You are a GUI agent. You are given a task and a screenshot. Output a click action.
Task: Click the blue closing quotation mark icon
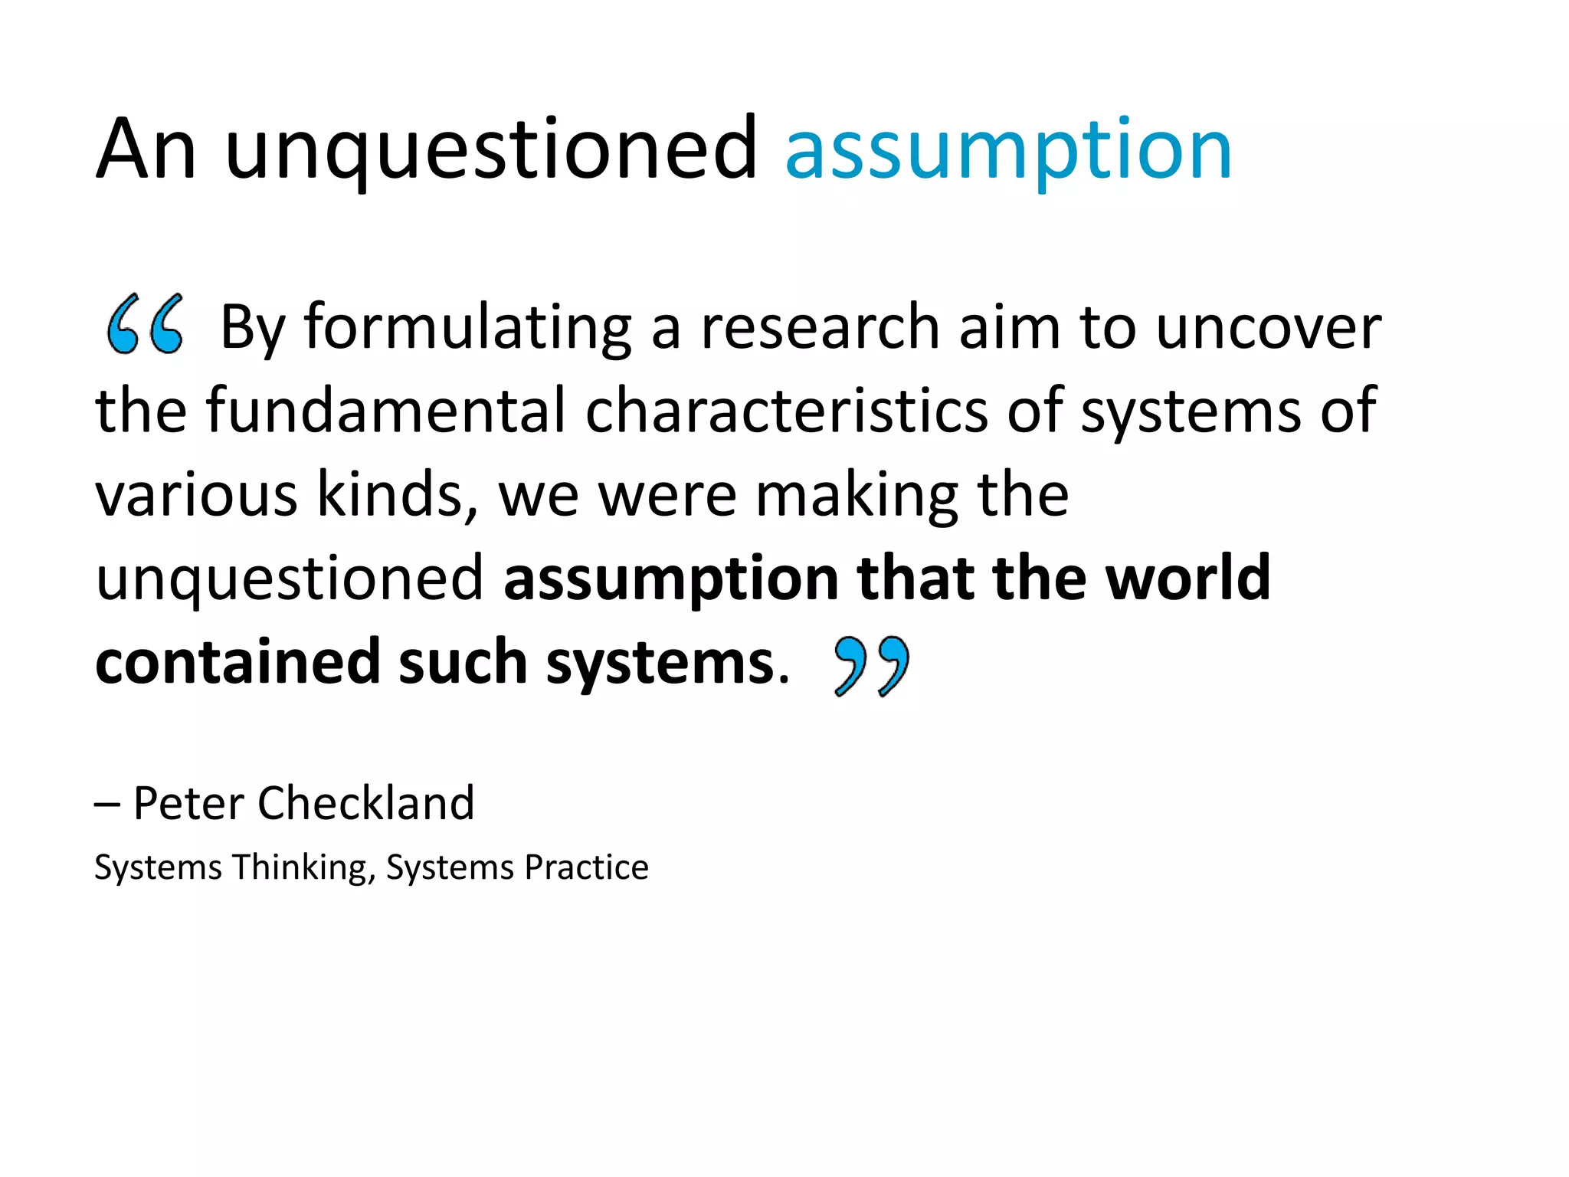point(872,665)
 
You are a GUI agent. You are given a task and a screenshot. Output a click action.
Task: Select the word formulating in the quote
point(468,328)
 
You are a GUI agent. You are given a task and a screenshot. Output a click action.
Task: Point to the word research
point(820,328)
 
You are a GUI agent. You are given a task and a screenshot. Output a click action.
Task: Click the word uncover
point(1268,328)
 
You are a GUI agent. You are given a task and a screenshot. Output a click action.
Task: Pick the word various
point(196,495)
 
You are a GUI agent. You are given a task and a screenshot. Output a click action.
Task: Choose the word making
point(857,497)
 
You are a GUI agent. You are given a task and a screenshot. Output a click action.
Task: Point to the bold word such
point(463,662)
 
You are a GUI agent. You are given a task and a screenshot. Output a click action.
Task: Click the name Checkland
point(366,803)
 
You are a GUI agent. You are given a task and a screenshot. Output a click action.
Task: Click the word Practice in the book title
point(586,867)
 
